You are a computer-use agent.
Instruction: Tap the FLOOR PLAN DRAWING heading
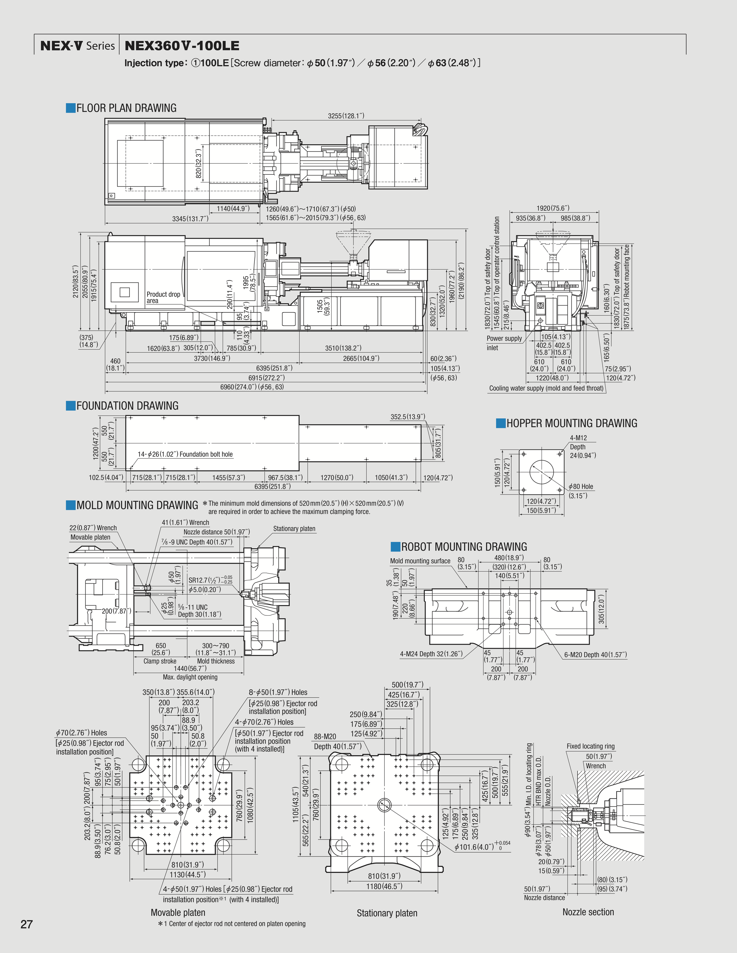[126, 108]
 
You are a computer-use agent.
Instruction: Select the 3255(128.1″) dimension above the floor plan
[346, 116]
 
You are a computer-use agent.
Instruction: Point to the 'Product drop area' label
[163, 297]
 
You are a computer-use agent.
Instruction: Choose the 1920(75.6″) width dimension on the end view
[553, 208]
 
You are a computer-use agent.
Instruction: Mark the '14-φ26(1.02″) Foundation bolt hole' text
[185, 454]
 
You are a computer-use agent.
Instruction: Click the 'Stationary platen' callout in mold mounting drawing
[294, 528]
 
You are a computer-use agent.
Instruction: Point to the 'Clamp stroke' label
[160, 661]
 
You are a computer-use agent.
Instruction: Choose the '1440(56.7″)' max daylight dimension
[190, 668]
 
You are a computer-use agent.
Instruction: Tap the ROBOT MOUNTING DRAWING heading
[464, 547]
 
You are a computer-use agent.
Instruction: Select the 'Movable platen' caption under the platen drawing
[178, 912]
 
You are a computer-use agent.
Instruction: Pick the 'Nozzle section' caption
[588, 912]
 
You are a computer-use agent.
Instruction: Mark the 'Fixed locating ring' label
[590, 746]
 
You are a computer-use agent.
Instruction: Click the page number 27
[27, 924]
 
